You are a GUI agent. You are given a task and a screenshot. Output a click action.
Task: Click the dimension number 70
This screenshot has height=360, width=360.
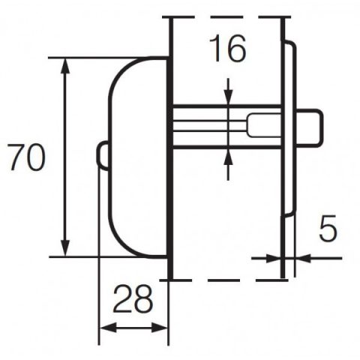tap(26, 157)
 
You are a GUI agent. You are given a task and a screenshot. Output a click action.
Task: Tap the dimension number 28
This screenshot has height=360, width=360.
tap(133, 299)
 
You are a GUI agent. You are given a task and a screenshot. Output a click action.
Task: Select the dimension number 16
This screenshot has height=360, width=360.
tap(227, 48)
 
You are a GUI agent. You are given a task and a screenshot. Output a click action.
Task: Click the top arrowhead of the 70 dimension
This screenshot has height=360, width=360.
tap(65, 66)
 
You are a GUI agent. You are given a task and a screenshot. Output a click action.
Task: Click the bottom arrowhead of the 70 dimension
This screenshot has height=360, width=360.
tap(65, 248)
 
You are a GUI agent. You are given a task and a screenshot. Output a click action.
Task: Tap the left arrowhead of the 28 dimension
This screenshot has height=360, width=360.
tap(108, 327)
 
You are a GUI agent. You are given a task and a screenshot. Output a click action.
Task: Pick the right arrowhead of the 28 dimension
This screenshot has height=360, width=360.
tap(159, 327)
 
